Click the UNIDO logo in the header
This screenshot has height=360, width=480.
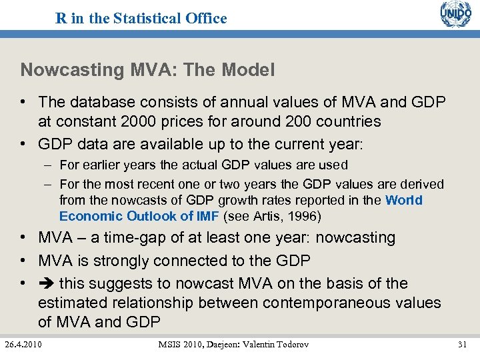455,15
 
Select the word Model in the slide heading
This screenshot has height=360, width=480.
247,70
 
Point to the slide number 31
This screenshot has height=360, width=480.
463,343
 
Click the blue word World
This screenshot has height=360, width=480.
403,200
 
